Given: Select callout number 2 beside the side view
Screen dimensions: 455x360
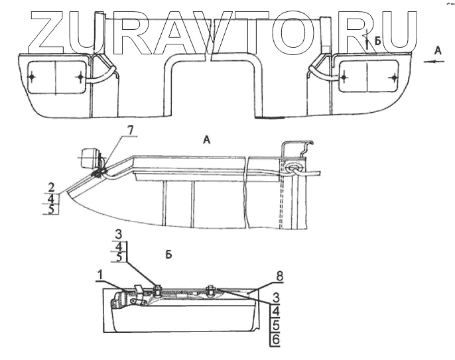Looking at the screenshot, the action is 51,187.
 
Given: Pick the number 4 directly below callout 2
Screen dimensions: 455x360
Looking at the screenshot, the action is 51,198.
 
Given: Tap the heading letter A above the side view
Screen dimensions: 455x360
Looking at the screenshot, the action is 206,140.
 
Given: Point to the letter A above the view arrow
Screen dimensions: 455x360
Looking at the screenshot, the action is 436,49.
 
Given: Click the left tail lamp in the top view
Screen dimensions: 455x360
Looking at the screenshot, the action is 56,78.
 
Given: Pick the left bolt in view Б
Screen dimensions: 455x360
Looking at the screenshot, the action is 159,287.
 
